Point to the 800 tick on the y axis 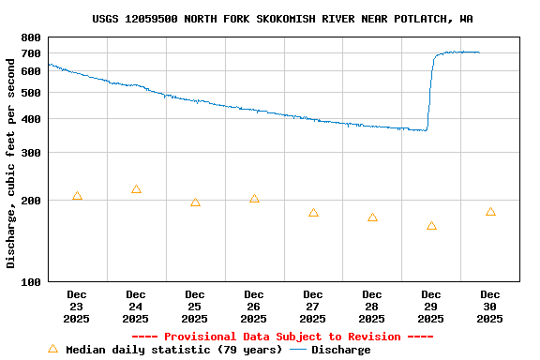(31, 37)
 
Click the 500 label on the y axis (31, 93)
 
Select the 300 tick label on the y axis (31, 153)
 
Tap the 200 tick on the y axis (31, 201)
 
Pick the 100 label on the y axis (31, 282)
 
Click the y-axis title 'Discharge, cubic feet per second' (11, 159)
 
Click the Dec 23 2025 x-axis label (77, 307)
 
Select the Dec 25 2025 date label (195, 307)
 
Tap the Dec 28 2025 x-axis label (372, 307)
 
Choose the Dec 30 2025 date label (490, 307)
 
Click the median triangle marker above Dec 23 (77, 196)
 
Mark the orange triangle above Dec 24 (136, 189)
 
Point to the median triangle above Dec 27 (313, 213)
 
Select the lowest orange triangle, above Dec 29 (431, 226)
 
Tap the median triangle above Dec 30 (490, 212)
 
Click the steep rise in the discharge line (430, 94)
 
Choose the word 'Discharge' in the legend (340, 350)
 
